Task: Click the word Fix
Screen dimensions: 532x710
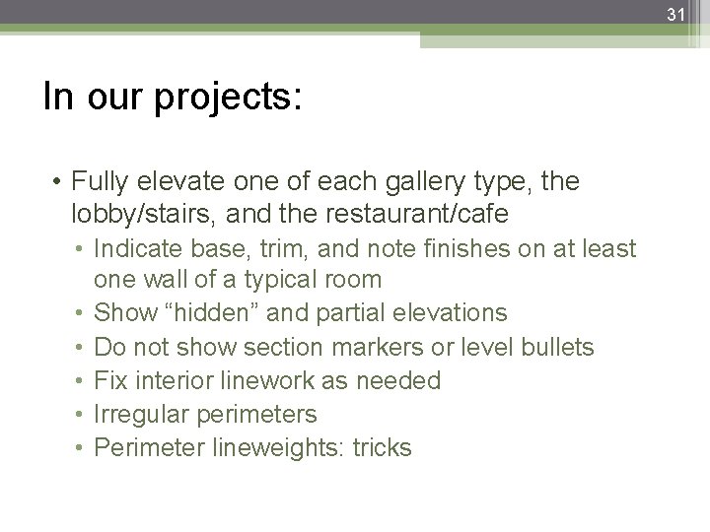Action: coord(108,380)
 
